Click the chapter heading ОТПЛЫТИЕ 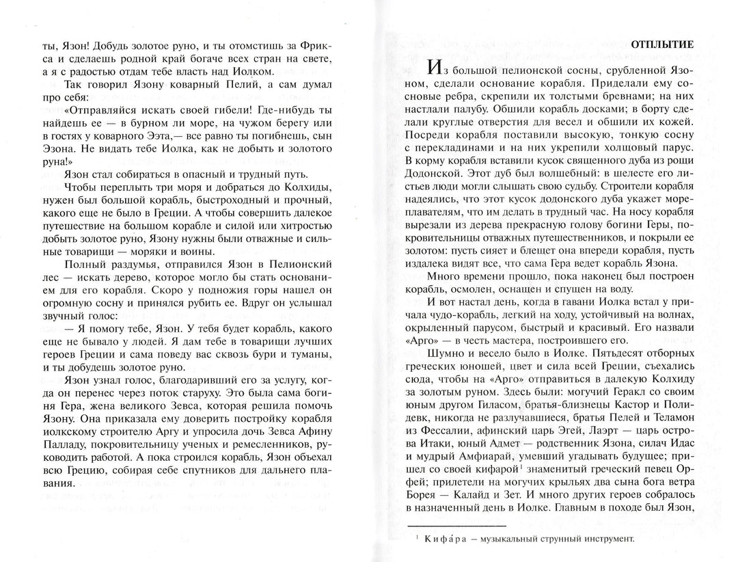click(x=661, y=44)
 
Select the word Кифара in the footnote click(x=438, y=538)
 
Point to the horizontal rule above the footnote click(x=456, y=524)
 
